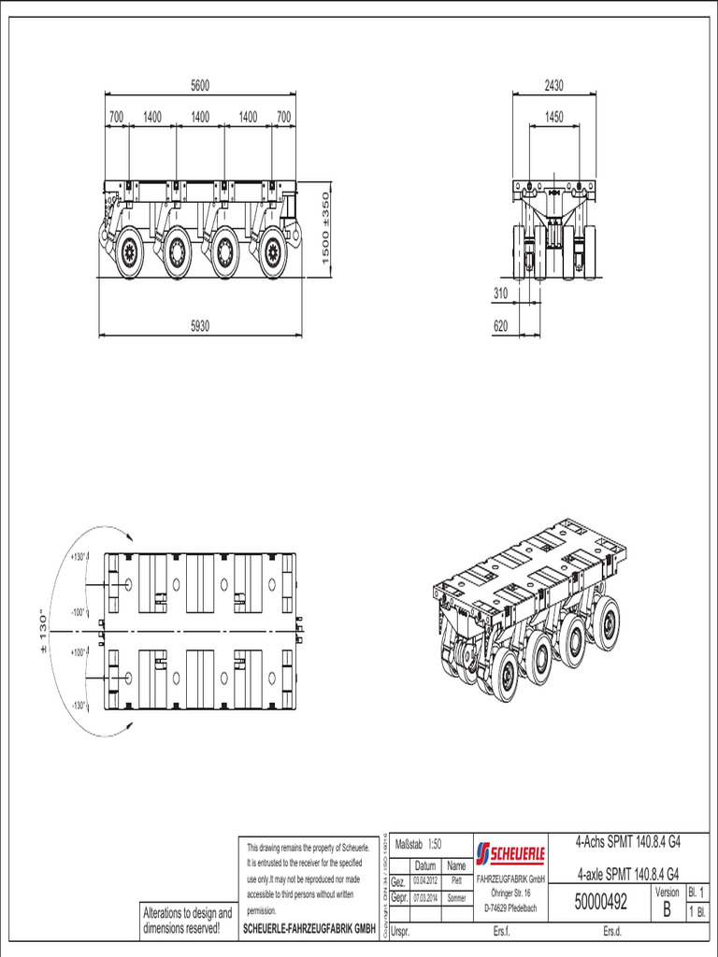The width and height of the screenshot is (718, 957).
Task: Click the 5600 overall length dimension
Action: pyautogui.click(x=200, y=85)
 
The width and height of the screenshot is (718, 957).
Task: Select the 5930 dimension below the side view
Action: pyautogui.click(x=200, y=327)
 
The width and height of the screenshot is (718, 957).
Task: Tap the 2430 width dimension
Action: pyautogui.click(x=553, y=85)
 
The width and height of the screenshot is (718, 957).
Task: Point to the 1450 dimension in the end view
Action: pyautogui.click(x=553, y=118)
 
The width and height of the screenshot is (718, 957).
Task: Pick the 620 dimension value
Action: pyautogui.click(x=501, y=327)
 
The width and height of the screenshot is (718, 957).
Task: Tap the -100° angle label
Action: pyautogui.click(x=78, y=612)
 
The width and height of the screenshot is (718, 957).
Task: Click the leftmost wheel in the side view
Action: pyautogui.click(x=129, y=251)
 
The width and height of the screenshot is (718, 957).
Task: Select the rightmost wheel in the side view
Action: pyautogui.click(x=273, y=251)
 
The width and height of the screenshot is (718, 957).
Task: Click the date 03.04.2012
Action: pyautogui.click(x=426, y=881)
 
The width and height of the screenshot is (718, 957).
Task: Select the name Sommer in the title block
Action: pyautogui.click(x=456, y=898)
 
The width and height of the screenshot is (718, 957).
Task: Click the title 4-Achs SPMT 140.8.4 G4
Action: pyautogui.click(x=627, y=842)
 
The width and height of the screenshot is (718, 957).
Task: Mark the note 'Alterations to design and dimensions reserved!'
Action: pyautogui.click(x=187, y=920)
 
